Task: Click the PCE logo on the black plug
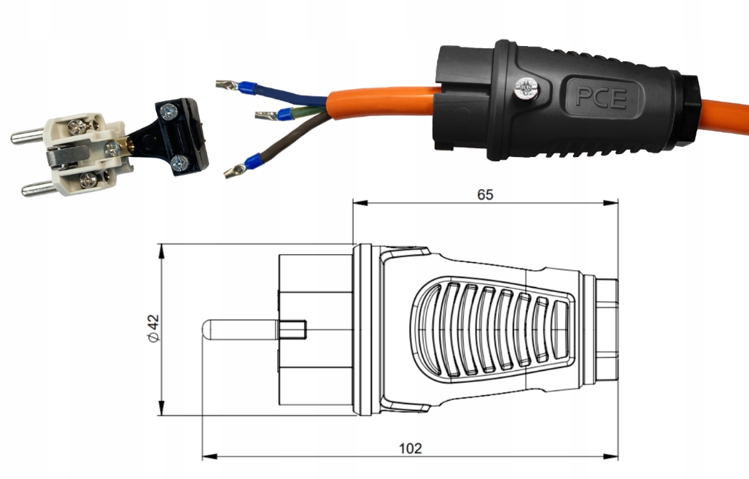tap(600, 97)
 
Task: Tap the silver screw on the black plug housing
tap(527, 89)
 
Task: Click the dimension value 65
tap(485, 194)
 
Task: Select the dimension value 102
tap(411, 448)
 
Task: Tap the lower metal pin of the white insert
tap(38, 189)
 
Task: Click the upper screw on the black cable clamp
tap(169, 112)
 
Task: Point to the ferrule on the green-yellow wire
tap(284, 114)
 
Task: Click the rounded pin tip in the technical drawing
tap(206, 329)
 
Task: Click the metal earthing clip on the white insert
tap(67, 156)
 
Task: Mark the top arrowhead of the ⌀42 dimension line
tap(161, 251)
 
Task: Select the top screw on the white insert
tap(78, 126)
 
